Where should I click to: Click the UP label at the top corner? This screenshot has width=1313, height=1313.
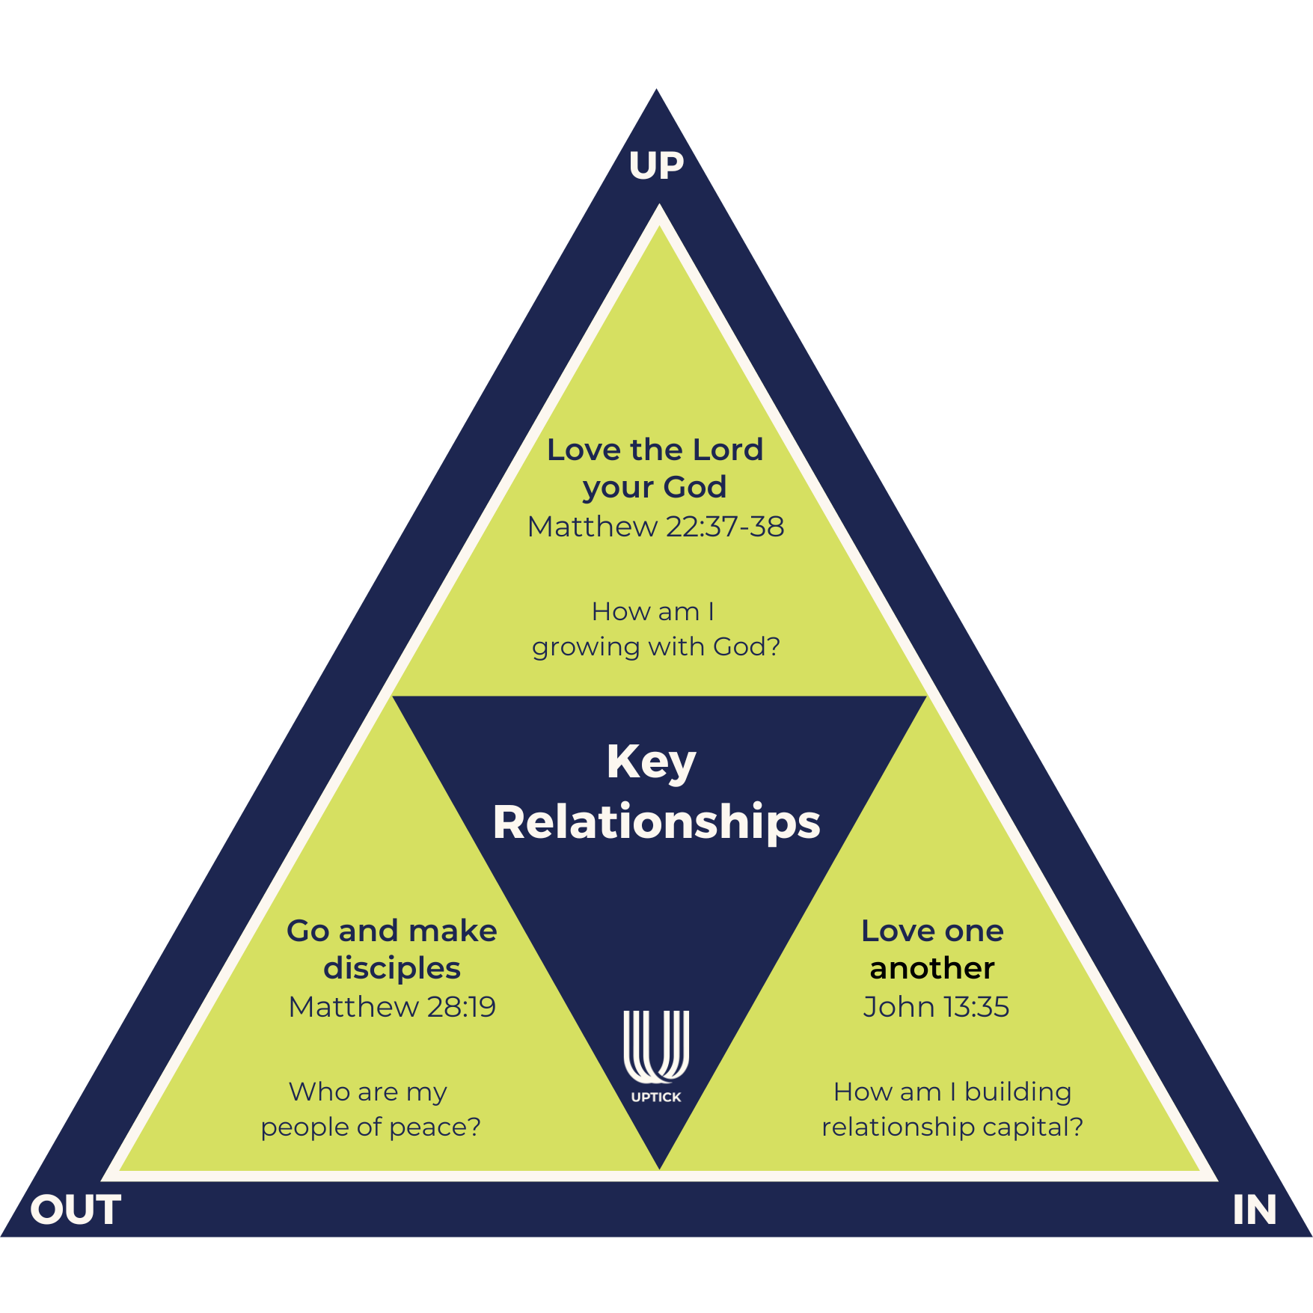tap(656, 166)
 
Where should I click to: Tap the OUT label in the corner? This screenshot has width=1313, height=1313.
tap(76, 1210)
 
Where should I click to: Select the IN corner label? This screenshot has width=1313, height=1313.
tap(1254, 1210)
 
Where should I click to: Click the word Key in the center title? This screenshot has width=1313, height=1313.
tap(651, 762)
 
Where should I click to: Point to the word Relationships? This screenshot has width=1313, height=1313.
tap(656, 822)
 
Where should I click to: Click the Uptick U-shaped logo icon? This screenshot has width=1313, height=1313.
tap(656, 1047)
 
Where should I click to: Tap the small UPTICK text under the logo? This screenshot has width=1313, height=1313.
tap(656, 1097)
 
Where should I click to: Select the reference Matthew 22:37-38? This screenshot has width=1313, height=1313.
tap(655, 527)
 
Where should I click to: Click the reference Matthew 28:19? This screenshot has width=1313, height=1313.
tap(392, 1007)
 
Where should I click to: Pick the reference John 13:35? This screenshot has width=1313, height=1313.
tap(935, 1007)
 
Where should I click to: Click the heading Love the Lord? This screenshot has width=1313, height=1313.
tap(655, 450)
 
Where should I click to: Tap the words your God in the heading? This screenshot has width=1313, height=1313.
tap(655, 488)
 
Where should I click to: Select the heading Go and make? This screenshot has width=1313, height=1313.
tap(392, 931)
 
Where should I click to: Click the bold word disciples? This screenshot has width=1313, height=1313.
tap(392, 968)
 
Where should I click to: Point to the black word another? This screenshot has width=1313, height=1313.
tap(932, 968)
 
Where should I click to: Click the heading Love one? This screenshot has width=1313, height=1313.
tap(932, 931)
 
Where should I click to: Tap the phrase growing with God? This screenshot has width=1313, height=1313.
tap(655, 647)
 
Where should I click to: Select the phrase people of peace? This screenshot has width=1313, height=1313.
tap(370, 1127)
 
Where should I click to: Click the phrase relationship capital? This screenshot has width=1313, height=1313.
tap(952, 1127)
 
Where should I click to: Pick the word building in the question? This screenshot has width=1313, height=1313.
tap(1017, 1092)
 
